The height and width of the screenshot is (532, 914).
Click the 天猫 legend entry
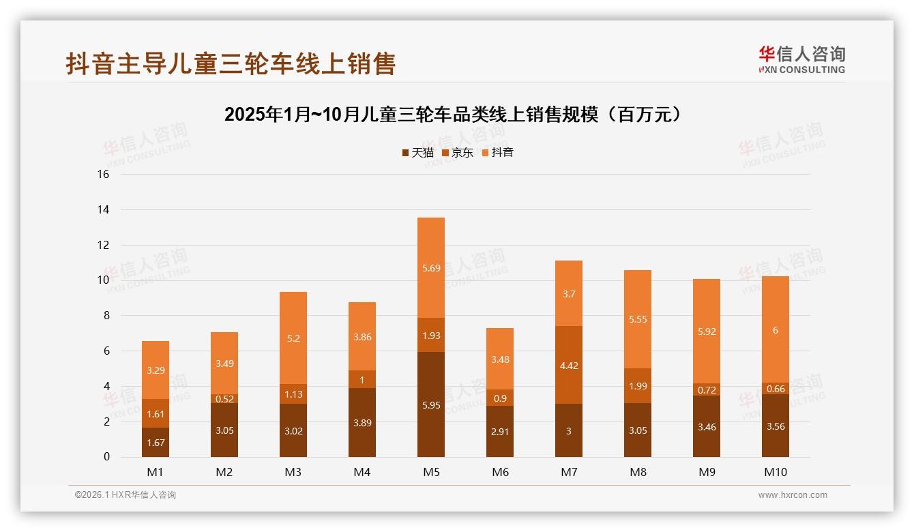point(417,153)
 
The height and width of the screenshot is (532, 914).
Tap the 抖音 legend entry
point(497,153)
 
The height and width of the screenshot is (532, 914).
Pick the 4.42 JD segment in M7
point(568,365)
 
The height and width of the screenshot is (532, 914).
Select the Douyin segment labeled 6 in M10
point(775,330)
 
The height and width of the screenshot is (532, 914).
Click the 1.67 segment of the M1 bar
point(155,442)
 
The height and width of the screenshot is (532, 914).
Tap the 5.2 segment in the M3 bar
point(293,338)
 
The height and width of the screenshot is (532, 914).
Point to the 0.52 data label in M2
point(224,399)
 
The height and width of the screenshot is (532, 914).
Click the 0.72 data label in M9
point(706,389)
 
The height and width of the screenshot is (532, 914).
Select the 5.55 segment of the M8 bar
point(637,319)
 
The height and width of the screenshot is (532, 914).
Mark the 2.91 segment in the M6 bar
point(499,431)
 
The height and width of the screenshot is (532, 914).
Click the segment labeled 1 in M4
point(362,380)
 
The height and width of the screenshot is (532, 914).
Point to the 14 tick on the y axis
point(104,209)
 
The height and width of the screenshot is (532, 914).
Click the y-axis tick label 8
point(106,316)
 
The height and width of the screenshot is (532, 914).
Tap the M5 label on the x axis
point(430,472)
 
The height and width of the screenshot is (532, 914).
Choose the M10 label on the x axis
point(775,472)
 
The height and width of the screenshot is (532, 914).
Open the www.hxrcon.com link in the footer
point(792,495)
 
